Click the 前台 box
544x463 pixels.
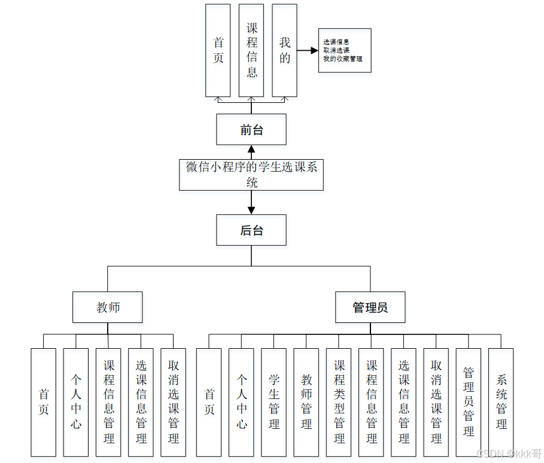251,130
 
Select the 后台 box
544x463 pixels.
251,230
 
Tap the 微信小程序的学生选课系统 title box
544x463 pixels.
251,175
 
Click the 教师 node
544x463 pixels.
108,307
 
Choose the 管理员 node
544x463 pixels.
370,307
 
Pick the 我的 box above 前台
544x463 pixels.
285,50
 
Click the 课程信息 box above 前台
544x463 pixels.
251,50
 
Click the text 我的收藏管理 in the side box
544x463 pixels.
343,59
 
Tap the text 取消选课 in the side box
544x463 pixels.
336,51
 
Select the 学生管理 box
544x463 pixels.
274,402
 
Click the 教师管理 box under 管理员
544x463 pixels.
306,402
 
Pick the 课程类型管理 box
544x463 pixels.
339,402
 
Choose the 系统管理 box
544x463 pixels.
501,402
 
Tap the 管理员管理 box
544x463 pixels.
469,402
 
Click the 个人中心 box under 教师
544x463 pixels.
76,402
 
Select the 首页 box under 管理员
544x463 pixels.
209,402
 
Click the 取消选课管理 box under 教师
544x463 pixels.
174,402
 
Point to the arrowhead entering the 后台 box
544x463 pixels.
251,210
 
